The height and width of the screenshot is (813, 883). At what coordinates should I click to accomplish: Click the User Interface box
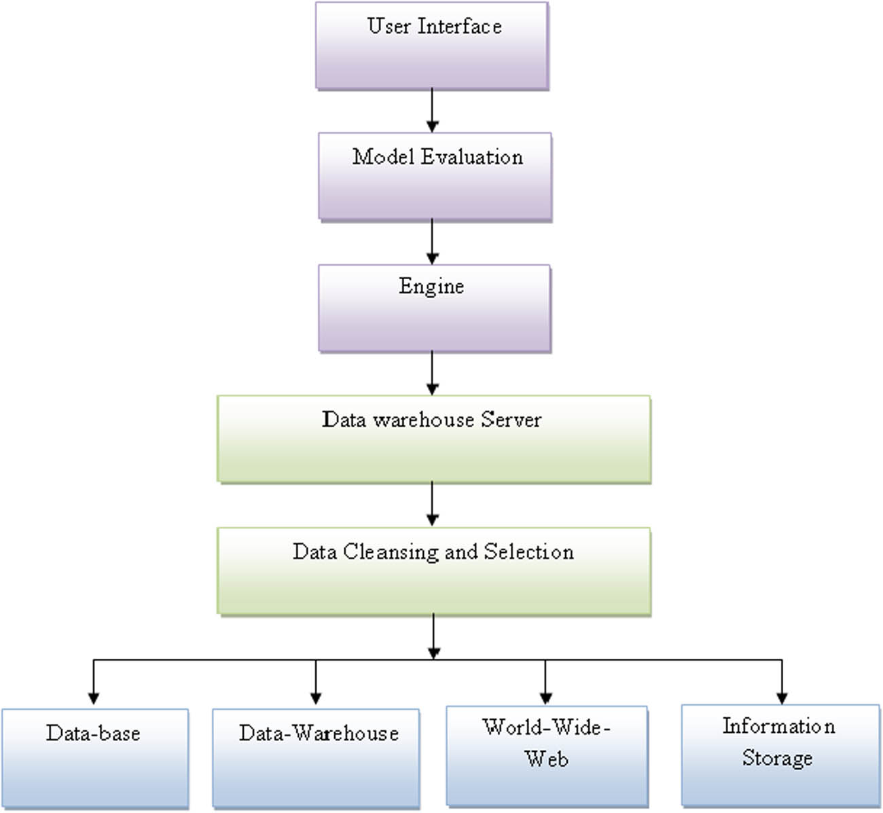[432, 46]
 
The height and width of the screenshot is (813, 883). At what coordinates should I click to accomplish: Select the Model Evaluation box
[435, 177]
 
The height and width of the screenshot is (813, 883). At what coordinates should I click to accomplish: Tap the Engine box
[434, 308]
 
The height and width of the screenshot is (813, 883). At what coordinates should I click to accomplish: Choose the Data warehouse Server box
[433, 439]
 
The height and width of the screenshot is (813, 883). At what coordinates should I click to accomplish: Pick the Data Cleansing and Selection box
[433, 571]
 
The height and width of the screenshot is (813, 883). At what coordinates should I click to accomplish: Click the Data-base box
[95, 758]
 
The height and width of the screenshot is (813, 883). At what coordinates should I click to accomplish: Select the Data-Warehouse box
[316, 758]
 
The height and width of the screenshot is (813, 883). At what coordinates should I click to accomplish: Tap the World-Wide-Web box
[547, 756]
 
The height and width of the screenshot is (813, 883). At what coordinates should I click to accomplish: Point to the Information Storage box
[780, 755]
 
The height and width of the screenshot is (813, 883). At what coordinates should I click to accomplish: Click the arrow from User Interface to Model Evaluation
[432, 111]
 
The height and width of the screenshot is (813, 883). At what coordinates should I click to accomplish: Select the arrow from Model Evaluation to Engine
[432, 242]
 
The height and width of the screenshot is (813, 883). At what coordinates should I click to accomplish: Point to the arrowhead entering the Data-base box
[94, 698]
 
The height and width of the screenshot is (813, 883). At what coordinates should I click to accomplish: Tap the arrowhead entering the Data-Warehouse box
[315, 698]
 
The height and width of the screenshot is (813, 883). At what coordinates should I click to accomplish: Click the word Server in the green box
[511, 420]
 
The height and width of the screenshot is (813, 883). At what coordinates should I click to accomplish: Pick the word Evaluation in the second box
[472, 157]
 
